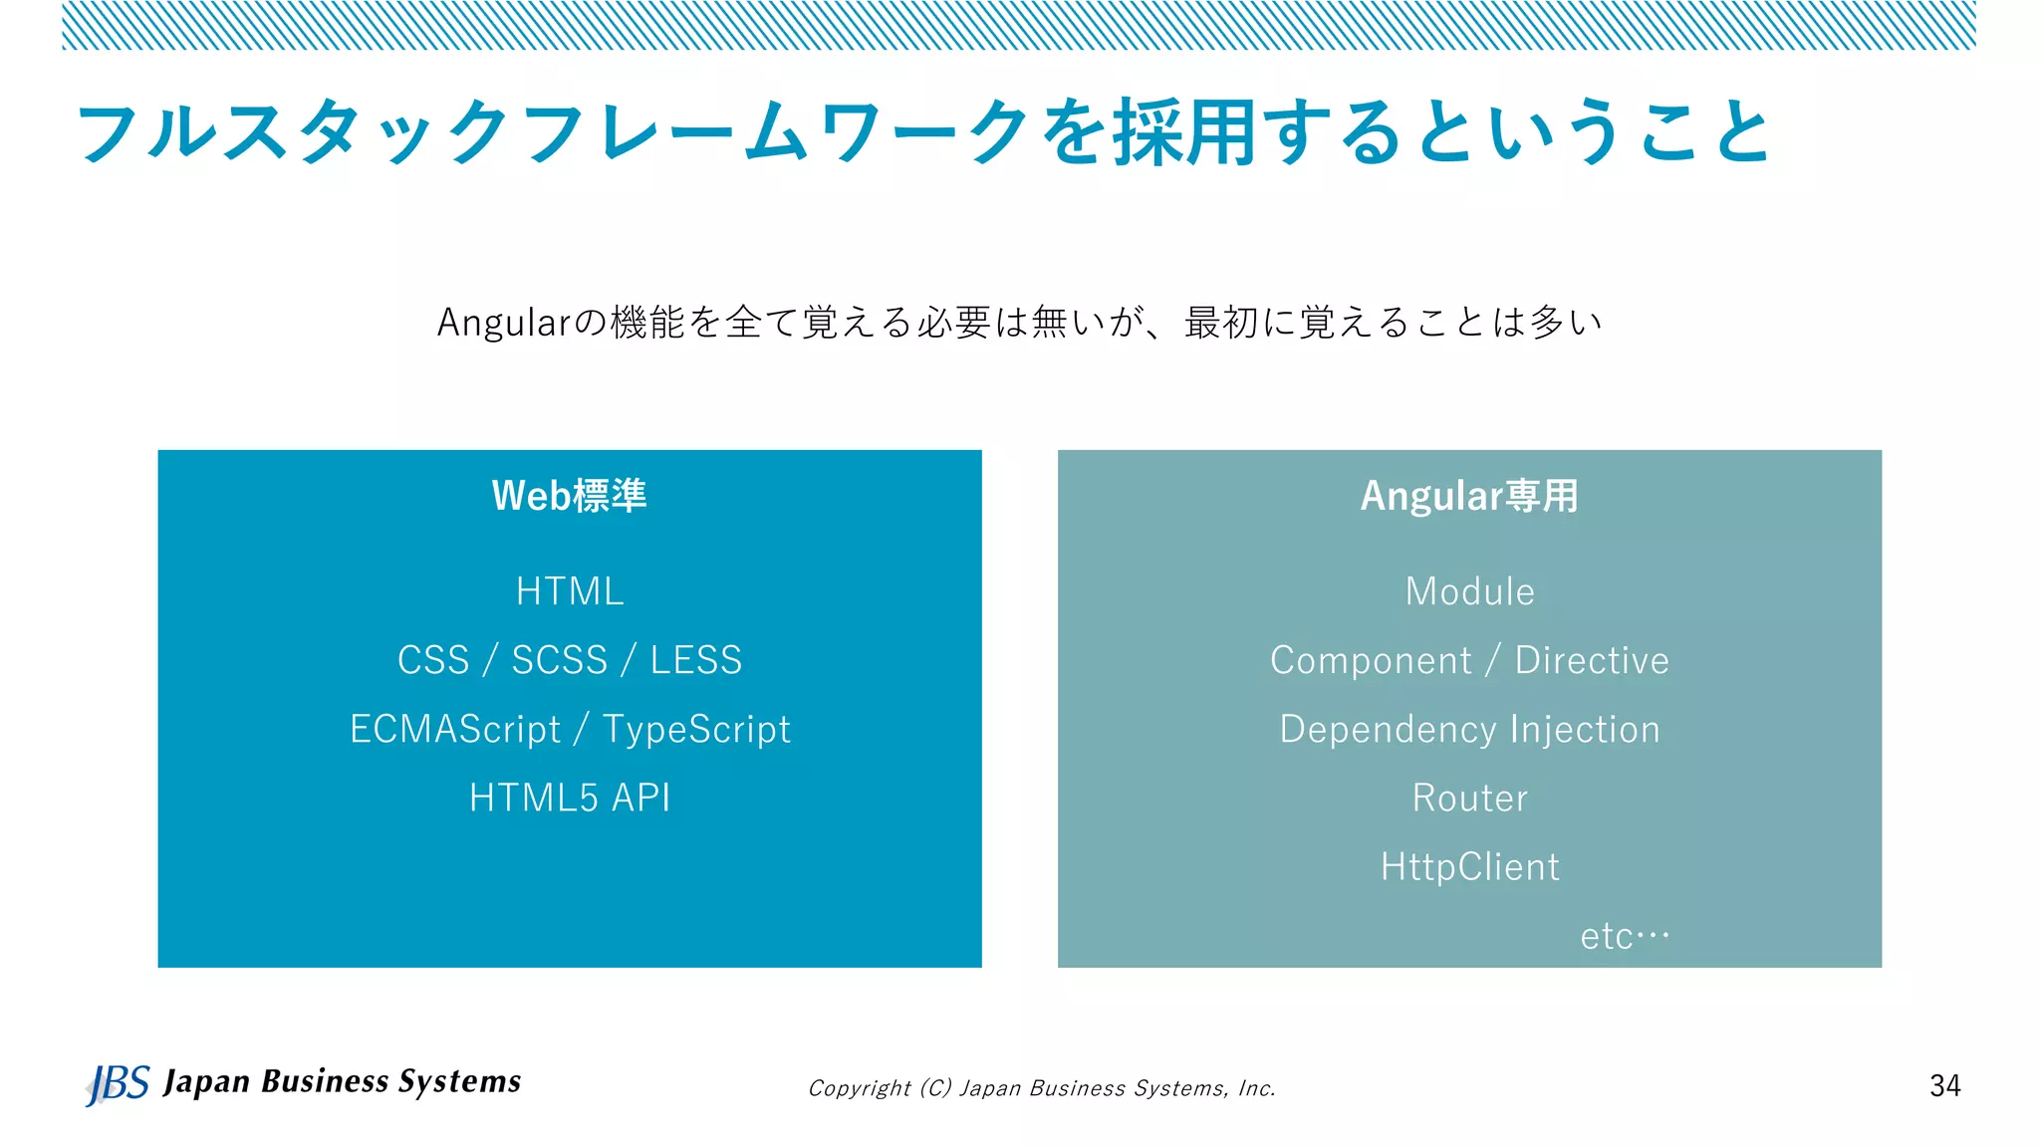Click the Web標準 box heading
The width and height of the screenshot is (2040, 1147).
569,496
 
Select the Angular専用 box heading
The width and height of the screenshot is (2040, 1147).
1469,496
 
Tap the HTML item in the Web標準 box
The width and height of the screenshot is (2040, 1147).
570,591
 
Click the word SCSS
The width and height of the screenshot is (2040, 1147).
559,660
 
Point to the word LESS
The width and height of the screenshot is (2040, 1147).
696,660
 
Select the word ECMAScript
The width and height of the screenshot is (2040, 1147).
455,730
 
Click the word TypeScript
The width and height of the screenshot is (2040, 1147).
696,730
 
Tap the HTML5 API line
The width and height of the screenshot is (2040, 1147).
570,798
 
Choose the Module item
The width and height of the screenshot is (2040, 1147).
1469,591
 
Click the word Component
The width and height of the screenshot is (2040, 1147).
1371,661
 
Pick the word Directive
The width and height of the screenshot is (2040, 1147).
1591,661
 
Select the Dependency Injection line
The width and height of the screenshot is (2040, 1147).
1469,730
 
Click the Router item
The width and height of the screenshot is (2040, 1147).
1469,798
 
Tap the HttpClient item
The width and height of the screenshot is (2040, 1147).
1469,867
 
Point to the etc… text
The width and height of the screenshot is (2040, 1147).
1624,936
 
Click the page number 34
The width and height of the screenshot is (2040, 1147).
1944,1085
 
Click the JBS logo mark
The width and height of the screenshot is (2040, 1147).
118,1083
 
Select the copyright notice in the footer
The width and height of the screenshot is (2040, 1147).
1041,1088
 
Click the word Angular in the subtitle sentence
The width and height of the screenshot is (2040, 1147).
503,323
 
